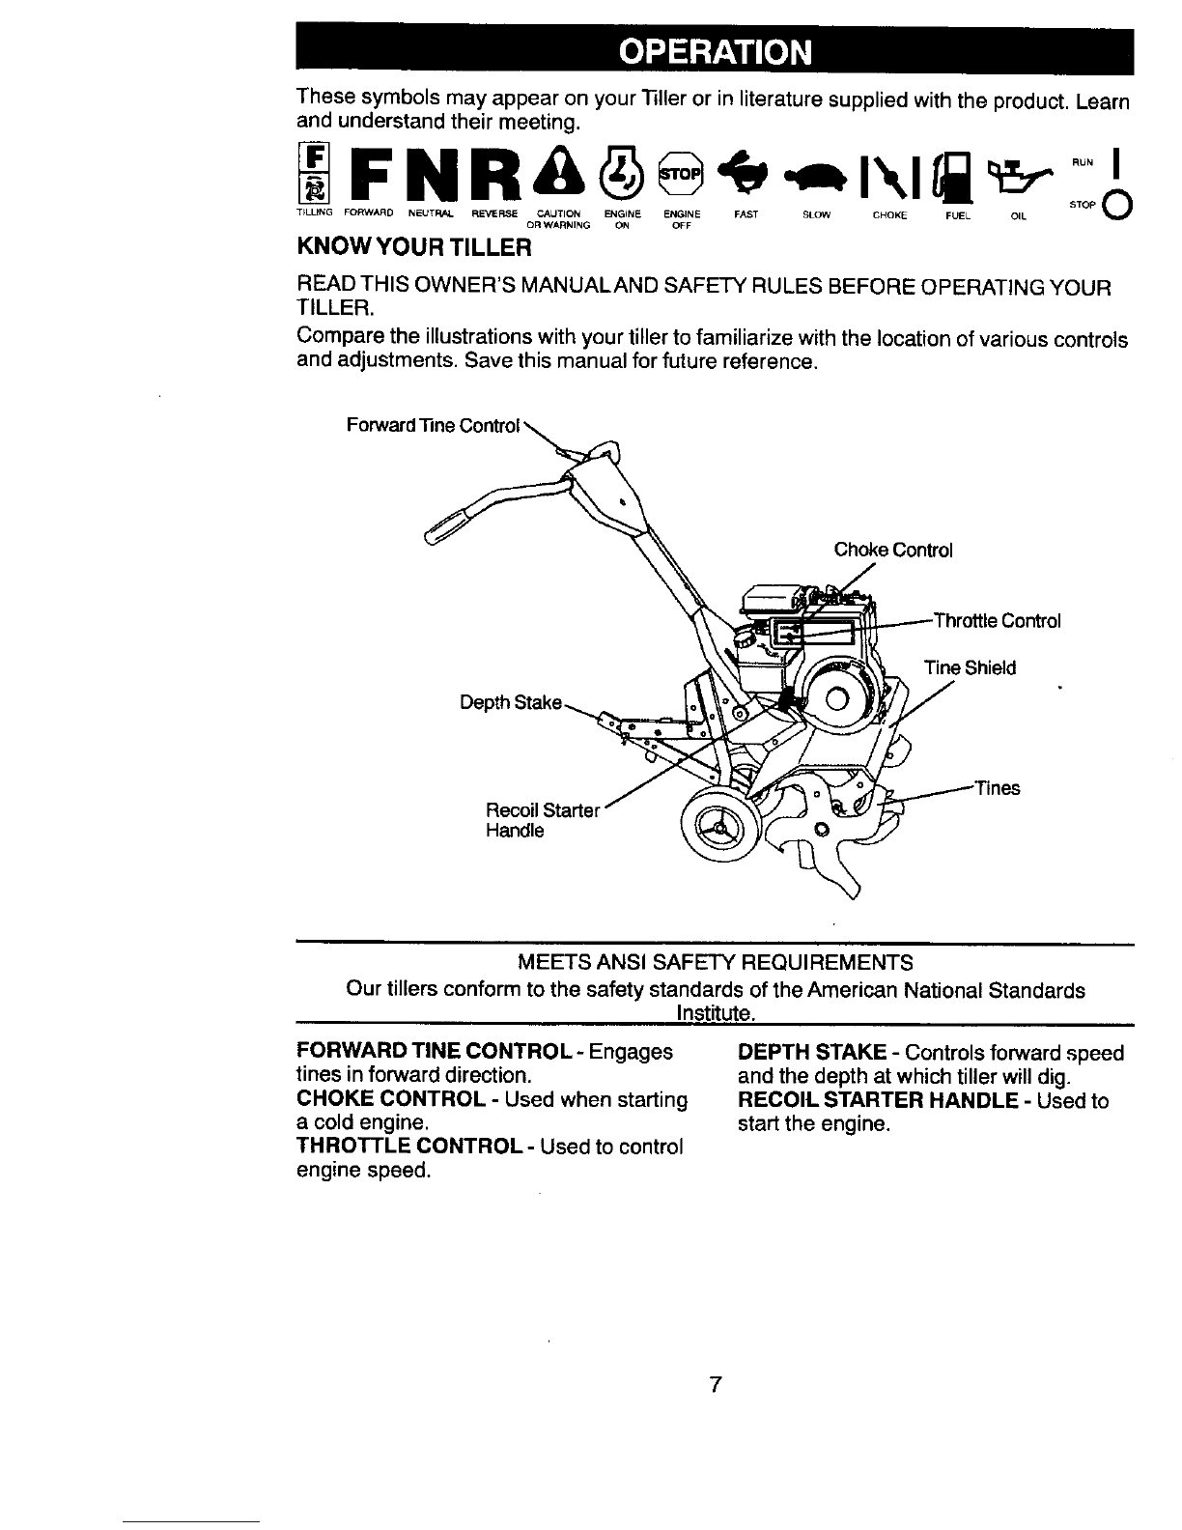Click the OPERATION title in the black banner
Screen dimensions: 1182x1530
click(716, 51)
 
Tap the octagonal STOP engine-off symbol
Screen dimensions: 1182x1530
click(680, 173)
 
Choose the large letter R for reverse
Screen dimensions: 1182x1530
click(495, 173)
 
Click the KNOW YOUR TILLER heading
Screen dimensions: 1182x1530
click(414, 247)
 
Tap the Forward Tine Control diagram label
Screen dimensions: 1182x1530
click(433, 425)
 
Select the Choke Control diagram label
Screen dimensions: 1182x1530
click(892, 550)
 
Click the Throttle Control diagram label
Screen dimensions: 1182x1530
click(997, 621)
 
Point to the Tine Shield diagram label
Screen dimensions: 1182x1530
click(971, 667)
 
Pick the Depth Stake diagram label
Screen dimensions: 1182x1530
click(511, 702)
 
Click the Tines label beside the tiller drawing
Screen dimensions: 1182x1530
click(998, 788)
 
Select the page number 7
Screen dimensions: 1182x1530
click(716, 1384)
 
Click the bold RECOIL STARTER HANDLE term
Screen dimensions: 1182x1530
click(878, 1100)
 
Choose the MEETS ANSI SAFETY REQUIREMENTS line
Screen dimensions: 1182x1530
click(716, 962)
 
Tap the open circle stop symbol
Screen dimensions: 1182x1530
click(1118, 205)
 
